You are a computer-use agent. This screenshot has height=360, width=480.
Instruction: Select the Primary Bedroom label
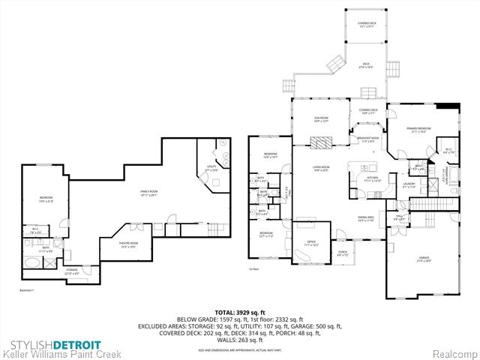pos(419,130)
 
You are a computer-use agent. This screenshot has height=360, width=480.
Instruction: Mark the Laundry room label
pos(409,185)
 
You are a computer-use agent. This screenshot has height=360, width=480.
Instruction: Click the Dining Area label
pos(365,219)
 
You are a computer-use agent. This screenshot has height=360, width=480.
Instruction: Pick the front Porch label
pos(343,254)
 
